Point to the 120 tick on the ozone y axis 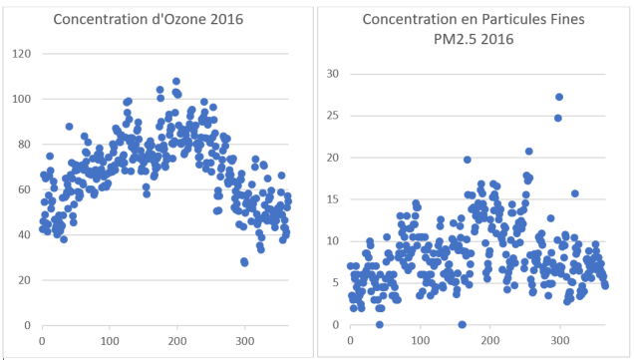tap(20, 54)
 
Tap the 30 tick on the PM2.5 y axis tap(334, 74)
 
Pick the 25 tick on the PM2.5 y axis tap(334, 116)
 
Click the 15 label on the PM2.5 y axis tap(334, 199)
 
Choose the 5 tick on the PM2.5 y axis tap(337, 283)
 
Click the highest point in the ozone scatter tap(176, 82)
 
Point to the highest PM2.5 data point tap(559, 97)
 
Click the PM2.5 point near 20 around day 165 tap(467, 160)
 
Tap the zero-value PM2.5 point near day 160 tap(462, 324)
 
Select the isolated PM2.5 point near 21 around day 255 tap(528, 152)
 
